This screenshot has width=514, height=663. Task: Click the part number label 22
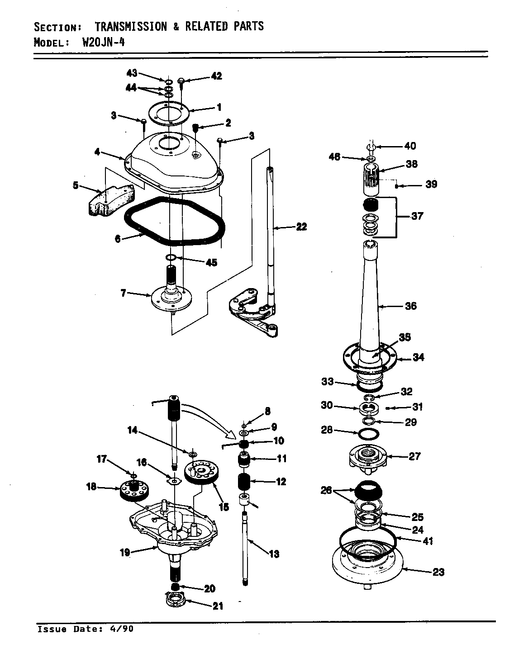pos(301,227)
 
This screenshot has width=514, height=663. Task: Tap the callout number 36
pos(410,306)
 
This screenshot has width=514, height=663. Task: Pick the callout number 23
pos(438,572)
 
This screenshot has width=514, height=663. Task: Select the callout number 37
pos(417,216)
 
